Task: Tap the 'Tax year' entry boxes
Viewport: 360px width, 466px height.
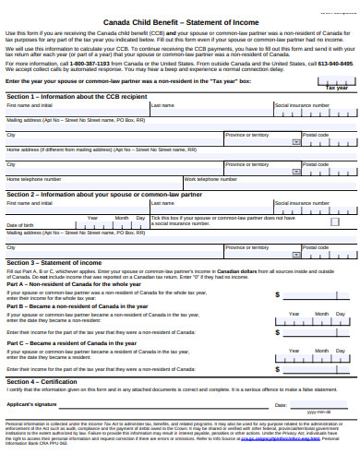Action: pyautogui.click(x=336, y=81)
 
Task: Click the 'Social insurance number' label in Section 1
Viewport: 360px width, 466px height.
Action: pyautogui.click(x=301, y=105)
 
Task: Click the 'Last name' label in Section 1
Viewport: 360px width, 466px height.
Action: pyautogui.click(x=162, y=105)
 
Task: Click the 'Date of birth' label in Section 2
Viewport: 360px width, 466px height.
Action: pyautogui.click(x=20, y=225)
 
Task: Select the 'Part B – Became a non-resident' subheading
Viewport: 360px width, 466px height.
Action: pyautogui.click(x=75, y=305)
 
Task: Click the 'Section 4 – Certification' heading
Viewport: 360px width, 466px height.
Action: pyautogui.click(x=42, y=381)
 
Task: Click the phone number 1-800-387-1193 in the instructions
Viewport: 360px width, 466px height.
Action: pyautogui.click(x=86, y=63)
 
